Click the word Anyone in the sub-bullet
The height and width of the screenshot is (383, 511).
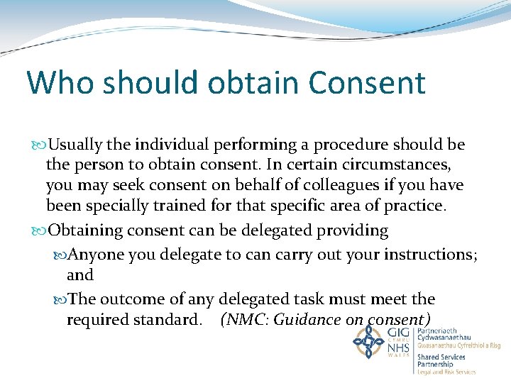[x=96, y=255]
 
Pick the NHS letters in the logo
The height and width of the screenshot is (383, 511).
[x=398, y=348]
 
